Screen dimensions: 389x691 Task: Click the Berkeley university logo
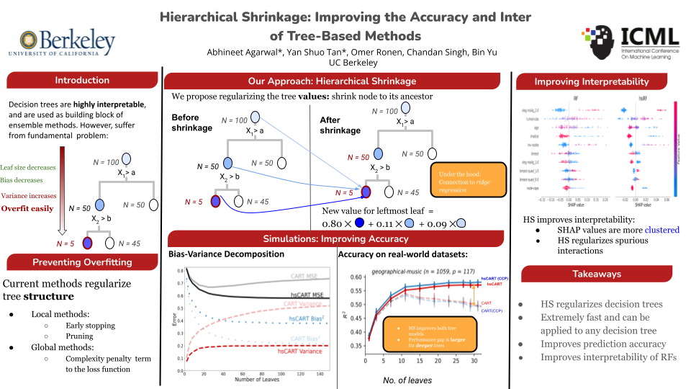62,42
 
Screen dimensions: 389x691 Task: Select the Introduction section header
82,80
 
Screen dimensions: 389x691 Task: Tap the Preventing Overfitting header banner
82,261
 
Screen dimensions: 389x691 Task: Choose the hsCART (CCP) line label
495,277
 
